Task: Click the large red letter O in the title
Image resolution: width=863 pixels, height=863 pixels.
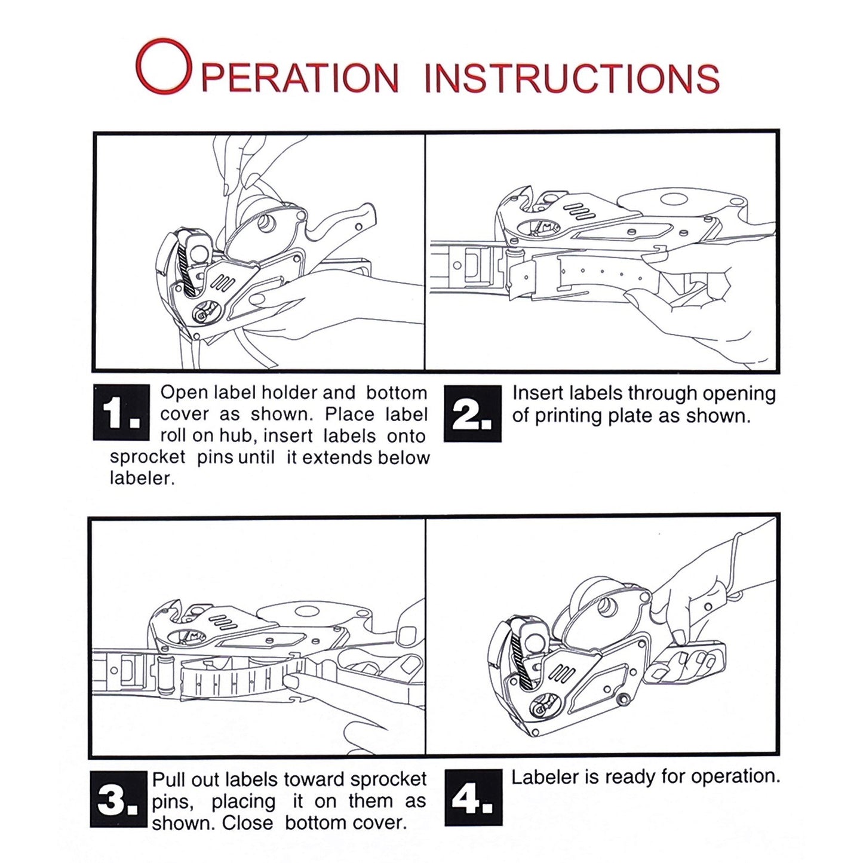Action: [164, 66]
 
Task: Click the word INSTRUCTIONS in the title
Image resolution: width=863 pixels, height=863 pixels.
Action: [572, 78]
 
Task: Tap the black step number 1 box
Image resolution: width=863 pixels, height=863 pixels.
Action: [121, 411]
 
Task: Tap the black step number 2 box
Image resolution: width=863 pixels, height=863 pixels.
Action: [472, 413]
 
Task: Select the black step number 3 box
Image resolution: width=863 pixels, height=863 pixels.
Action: [119, 799]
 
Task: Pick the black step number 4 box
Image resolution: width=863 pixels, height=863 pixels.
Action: [474, 798]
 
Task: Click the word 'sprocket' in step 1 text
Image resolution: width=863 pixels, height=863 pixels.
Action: [148, 457]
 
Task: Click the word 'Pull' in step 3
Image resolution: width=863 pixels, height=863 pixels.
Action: [168, 779]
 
